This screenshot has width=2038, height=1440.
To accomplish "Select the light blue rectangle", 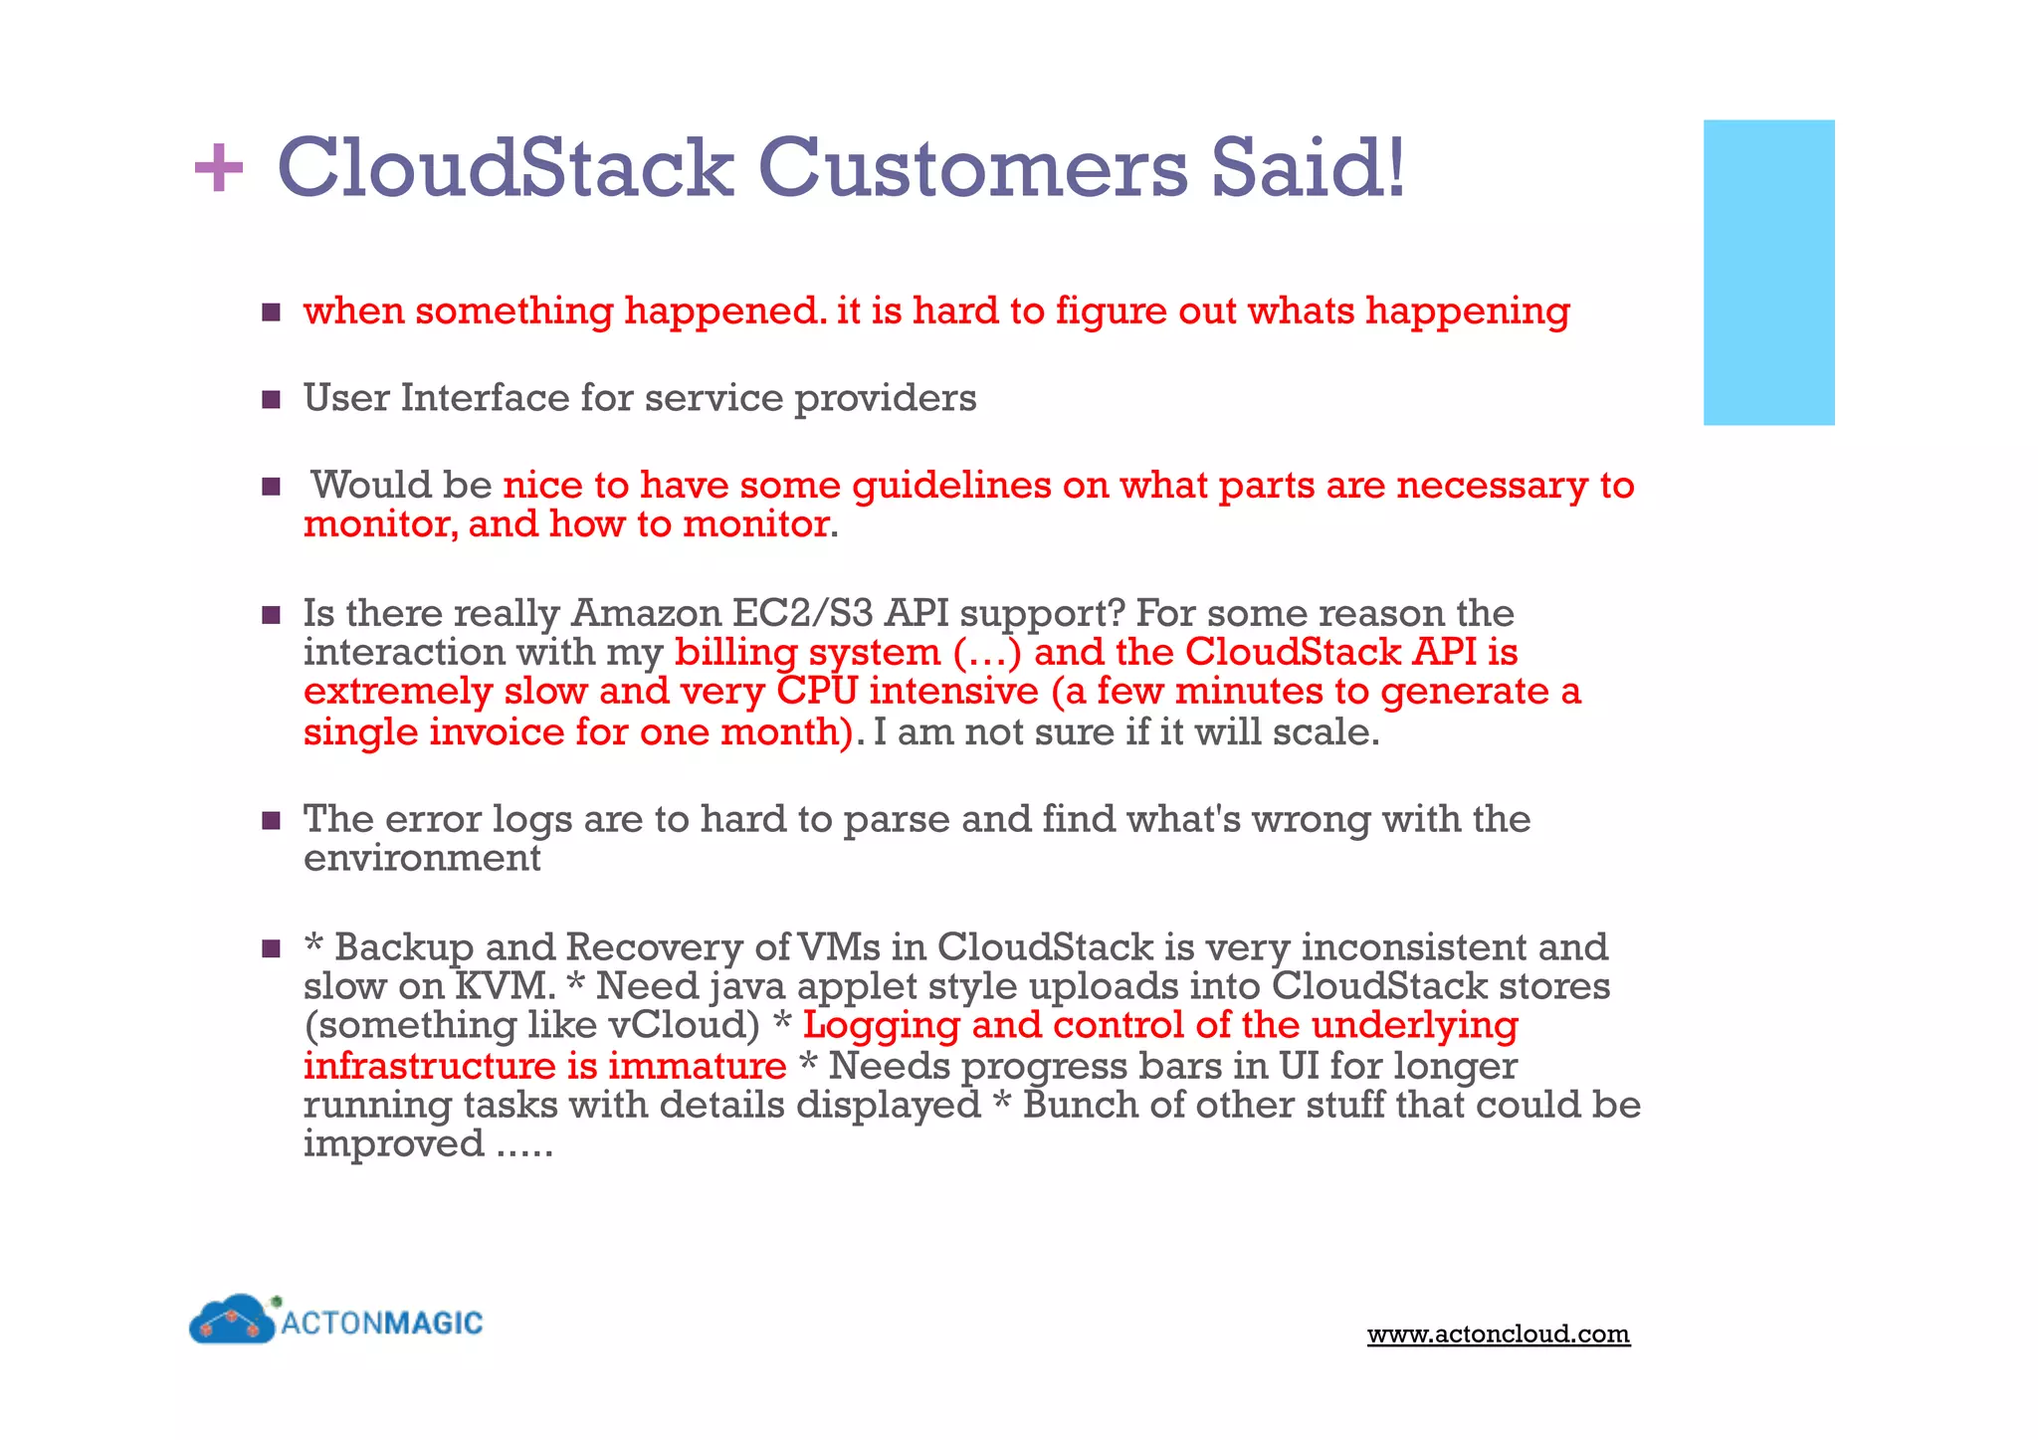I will pos(1768,273).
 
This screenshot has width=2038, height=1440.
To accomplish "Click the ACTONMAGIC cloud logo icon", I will pos(232,1322).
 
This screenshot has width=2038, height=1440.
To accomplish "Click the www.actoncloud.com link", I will pos(1498,1334).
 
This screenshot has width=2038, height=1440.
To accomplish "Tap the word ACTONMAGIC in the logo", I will pos(382,1323).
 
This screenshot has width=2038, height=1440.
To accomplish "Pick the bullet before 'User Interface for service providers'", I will pos(271,400).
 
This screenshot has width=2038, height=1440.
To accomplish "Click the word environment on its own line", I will pos(422,859).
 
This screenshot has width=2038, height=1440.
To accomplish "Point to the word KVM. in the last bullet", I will pos(504,987).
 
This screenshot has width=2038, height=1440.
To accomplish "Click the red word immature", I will pos(697,1067).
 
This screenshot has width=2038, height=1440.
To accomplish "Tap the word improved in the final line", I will pos(394,1144).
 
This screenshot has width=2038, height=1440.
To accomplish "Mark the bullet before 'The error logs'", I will pos(271,821).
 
